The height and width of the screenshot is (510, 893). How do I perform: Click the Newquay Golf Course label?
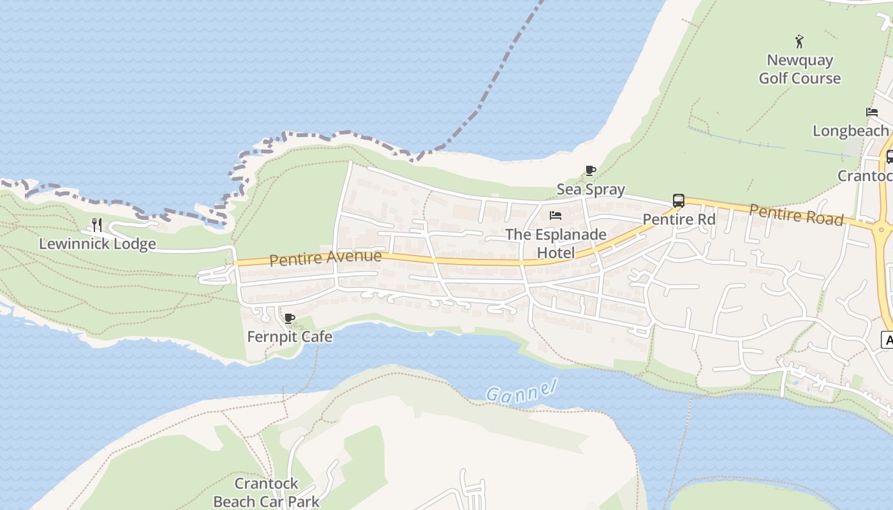tap(799, 69)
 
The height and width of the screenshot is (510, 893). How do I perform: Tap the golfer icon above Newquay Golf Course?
tap(799, 42)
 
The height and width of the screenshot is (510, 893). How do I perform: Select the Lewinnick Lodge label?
tap(98, 244)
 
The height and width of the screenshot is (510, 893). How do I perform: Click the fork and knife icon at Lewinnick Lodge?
tap(97, 224)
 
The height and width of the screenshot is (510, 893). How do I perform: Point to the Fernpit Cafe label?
tap(290, 337)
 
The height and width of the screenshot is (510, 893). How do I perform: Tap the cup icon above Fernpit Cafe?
tap(290, 318)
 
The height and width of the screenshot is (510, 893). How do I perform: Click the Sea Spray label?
tap(591, 189)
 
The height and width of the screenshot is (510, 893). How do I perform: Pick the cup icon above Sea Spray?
tap(591, 170)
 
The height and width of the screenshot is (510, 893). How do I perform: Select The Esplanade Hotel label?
tap(556, 244)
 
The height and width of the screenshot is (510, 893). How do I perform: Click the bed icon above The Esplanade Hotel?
tap(556, 215)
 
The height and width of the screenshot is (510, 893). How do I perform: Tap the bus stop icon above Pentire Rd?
tap(679, 201)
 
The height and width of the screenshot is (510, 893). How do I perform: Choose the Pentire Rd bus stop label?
tap(679, 219)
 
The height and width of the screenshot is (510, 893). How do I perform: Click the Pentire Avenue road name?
tap(325, 258)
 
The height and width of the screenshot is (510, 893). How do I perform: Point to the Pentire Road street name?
tap(796, 214)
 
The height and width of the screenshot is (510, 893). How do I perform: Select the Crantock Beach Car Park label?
tap(267, 492)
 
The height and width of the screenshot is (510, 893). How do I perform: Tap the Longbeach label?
tap(850, 131)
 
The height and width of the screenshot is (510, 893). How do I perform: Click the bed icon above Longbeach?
tap(872, 112)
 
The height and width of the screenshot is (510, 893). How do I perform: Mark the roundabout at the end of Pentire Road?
tap(882, 229)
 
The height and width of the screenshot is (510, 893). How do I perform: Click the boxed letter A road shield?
tap(887, 340)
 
